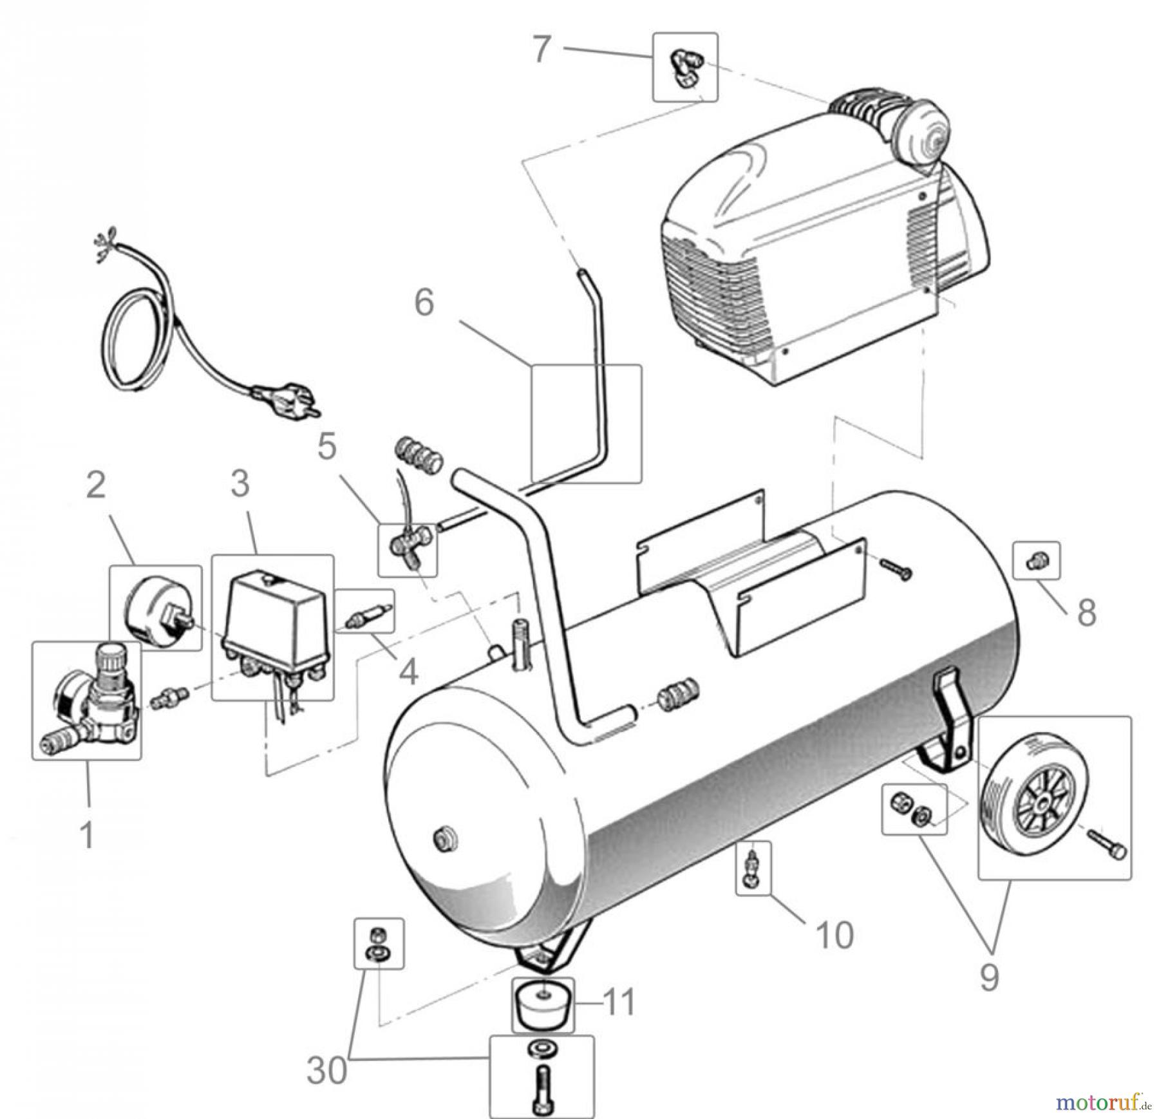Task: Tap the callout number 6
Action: coord(424,303)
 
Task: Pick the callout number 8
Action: coord(1087,612)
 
